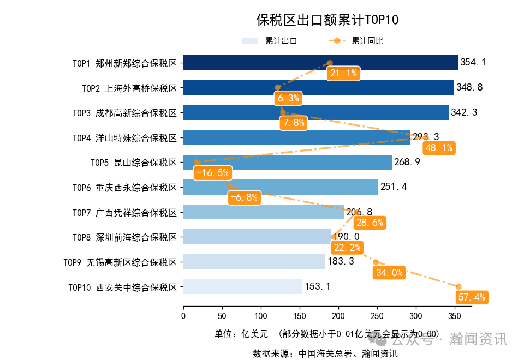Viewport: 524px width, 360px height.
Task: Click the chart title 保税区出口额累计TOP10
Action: click(327, 20)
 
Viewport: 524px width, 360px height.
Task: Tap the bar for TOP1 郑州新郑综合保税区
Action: click(320, 62)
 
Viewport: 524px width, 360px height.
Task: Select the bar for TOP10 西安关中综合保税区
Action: click(242, 286)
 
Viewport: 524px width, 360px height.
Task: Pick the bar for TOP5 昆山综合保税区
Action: click(287, 162)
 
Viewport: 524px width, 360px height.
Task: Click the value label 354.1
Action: click(473, 62)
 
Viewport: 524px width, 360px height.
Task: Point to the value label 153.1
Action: click(317, 286)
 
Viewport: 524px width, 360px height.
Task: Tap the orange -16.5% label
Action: click(212, 173)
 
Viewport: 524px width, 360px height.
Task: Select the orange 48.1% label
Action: click(438, 148)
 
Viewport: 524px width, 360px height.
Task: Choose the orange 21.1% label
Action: click(343, 73)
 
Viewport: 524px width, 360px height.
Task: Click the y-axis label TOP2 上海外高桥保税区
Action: click(129, 87)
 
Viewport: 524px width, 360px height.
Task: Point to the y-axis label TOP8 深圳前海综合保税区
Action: click(125, 237)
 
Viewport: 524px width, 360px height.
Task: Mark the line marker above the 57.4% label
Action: click(459, 286)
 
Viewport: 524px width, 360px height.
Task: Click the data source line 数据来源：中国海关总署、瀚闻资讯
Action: click(325, 353)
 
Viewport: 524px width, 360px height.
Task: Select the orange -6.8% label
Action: click(244, 197)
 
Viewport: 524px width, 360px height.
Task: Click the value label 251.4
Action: click(394, 187)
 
